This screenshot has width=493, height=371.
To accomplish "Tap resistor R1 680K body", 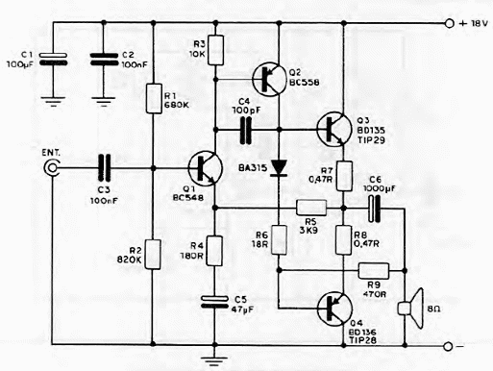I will [x=153, y=99].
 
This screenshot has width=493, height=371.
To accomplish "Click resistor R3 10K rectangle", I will [x=214, y=48].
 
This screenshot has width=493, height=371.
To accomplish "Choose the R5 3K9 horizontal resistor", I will [x=311, y=207].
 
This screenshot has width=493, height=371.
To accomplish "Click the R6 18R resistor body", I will [x=279, y=239].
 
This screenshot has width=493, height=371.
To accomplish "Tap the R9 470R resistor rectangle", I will [x=372, y=271].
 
